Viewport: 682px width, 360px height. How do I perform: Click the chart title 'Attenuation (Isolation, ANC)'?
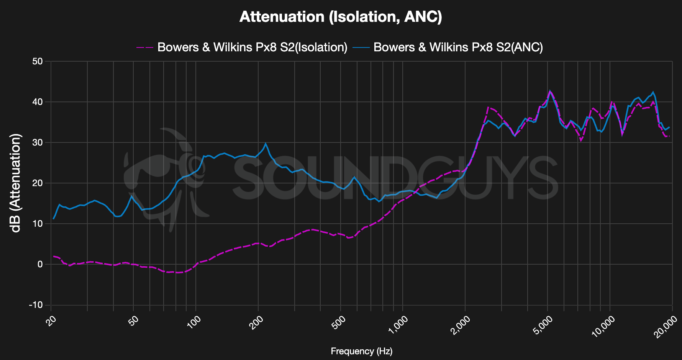(341, 17)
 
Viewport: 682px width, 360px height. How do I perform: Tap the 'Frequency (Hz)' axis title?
(361, 351)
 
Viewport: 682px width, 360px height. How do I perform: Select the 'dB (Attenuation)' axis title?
(16, 183)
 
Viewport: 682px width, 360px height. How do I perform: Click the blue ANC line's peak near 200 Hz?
(266, 144)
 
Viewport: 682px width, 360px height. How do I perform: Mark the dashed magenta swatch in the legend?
(145, 47)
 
